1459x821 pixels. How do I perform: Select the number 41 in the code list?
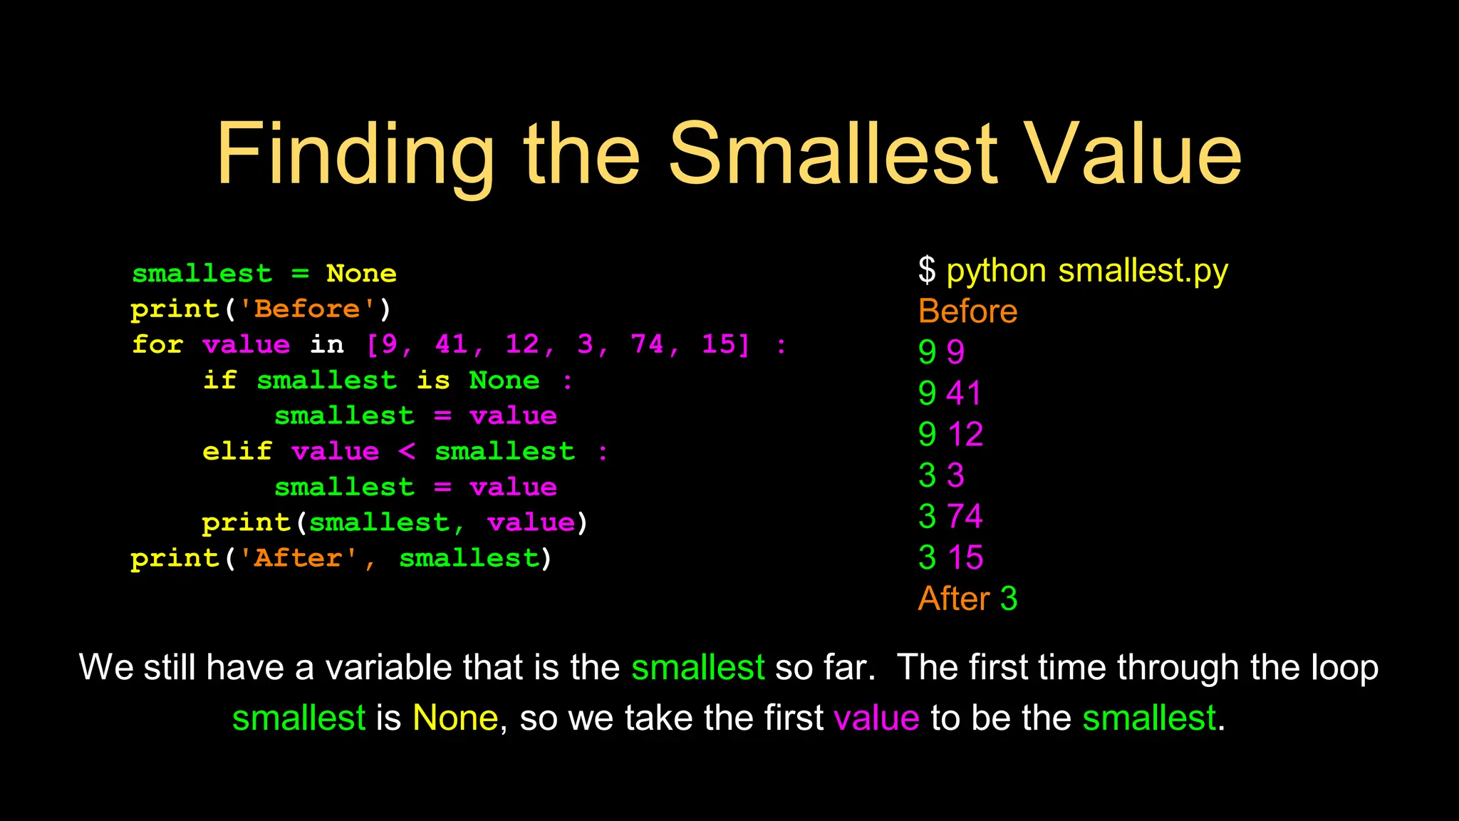coord(452,345)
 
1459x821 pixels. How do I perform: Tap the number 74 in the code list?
coord(647,345)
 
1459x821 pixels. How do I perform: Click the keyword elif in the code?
coord(237,452)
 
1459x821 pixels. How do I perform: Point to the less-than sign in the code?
coord(407,452)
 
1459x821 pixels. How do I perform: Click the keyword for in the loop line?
coord(158,345)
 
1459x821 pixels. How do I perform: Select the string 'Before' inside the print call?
coord(308,309)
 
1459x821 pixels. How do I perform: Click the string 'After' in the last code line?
coord(298,559)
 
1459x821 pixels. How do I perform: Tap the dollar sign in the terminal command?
coord(927,271)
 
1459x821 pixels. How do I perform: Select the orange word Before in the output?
coord(967,311)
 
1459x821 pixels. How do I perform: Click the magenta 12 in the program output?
coord(965,435)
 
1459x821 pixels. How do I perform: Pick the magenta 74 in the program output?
coord(965,517)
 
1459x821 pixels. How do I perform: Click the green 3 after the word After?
coord(1009,599)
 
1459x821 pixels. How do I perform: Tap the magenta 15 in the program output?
coord(965,558)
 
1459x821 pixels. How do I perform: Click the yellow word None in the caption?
coord(455,718)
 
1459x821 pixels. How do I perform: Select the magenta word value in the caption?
coord(876,718)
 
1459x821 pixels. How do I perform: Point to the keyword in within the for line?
coord(327,345)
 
